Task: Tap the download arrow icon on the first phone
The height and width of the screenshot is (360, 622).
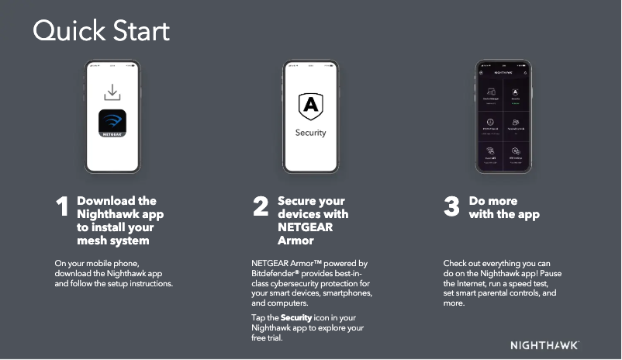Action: point(112,92)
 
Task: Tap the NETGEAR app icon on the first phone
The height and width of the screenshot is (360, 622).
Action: point(112,123)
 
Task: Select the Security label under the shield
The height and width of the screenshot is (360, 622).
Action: point(311,133)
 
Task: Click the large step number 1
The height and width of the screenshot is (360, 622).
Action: point(62,208)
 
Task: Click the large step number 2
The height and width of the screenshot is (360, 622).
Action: point(261,207)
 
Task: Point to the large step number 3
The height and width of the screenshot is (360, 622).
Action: point(451,207)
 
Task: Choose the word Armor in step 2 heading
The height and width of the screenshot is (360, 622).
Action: point(296,241)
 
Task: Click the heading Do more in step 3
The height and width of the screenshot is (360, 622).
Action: point(493,201)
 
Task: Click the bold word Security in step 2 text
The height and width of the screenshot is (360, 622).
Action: point(296,318)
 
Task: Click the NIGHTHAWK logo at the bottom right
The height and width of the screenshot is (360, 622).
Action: point(544,344)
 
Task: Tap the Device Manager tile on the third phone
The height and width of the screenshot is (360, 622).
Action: point(490,96)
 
